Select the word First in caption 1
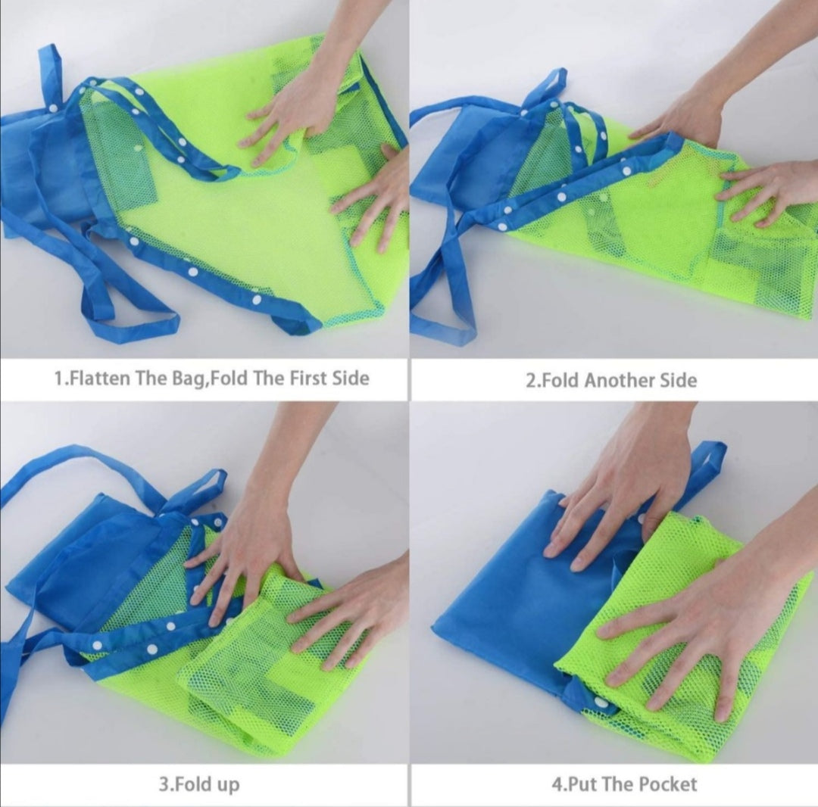[x=308, y=378]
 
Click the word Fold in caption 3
[x=192, y=784]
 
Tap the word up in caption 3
[x=227, y=786]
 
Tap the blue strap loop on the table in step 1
[x=120, y=292]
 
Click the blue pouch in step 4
[x=522, y=600]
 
